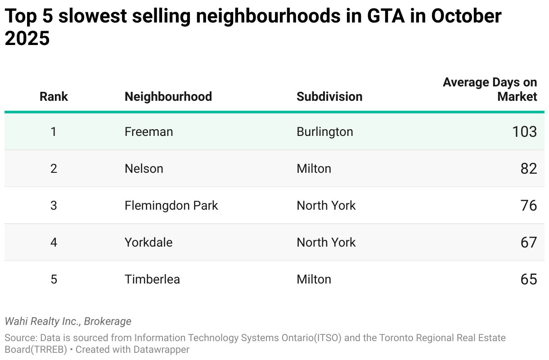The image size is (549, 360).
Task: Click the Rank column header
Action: point(54,97)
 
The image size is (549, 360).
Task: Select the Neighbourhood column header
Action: point(168,97)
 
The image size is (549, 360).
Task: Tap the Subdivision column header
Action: point(329,97)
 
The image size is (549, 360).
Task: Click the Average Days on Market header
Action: point(490,89)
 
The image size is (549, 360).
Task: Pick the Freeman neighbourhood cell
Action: point(149,131)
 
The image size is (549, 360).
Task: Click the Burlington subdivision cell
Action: point(325,132)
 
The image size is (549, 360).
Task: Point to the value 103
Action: point(525,131)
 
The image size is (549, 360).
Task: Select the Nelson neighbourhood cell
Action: point(144,169)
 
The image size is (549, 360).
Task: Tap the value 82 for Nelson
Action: point(529,169)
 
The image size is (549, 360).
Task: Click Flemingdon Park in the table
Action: point(171,205)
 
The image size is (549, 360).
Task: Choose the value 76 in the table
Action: point(529,205)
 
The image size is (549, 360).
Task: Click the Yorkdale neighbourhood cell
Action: point(148,243)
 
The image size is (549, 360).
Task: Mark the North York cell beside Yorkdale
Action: point(326,243)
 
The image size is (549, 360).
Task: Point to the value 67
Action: point(529,243)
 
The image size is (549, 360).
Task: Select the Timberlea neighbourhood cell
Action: point(152,279)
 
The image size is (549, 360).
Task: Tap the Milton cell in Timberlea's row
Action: point(314,279)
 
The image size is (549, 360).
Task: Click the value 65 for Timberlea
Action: point(529,279)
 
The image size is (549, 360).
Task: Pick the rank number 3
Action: point(54,205)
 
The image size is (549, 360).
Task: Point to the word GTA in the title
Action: point(386,16)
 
